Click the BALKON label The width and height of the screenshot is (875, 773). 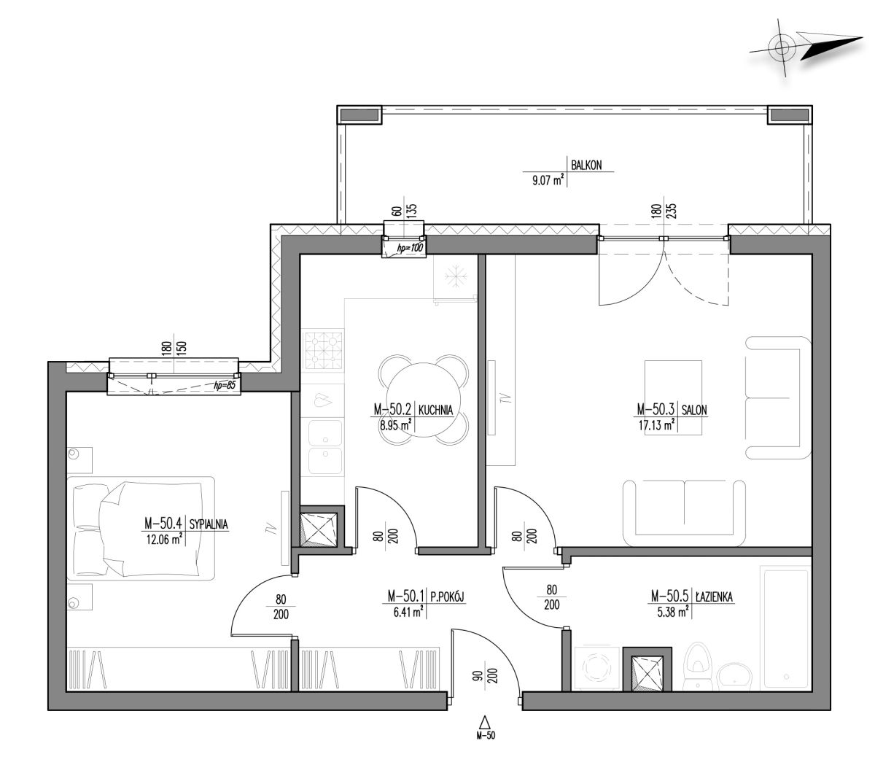coord(586,165)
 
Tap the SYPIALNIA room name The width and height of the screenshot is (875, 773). coord(208,524)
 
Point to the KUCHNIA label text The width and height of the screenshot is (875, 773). coord(435,410)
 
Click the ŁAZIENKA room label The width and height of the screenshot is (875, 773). coord(714,597)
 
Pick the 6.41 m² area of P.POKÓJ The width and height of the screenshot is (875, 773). coord(408,612)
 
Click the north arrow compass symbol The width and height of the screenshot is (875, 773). coord(805,47)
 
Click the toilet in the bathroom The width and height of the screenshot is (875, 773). coord(697,667)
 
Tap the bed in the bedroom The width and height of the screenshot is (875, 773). coord(141,529)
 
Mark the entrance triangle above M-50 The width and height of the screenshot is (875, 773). coord(485,723)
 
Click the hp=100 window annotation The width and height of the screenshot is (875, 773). coord(410,248)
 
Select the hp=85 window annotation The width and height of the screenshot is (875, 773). coord(225,385)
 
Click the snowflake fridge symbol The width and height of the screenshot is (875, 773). coord(456,275)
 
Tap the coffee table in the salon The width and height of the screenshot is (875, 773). coord(673,397)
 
